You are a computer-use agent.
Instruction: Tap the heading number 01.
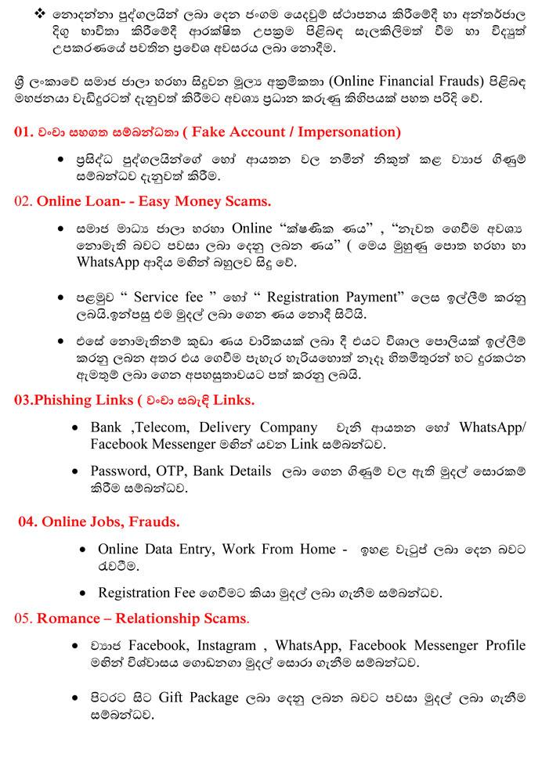(23, 132)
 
